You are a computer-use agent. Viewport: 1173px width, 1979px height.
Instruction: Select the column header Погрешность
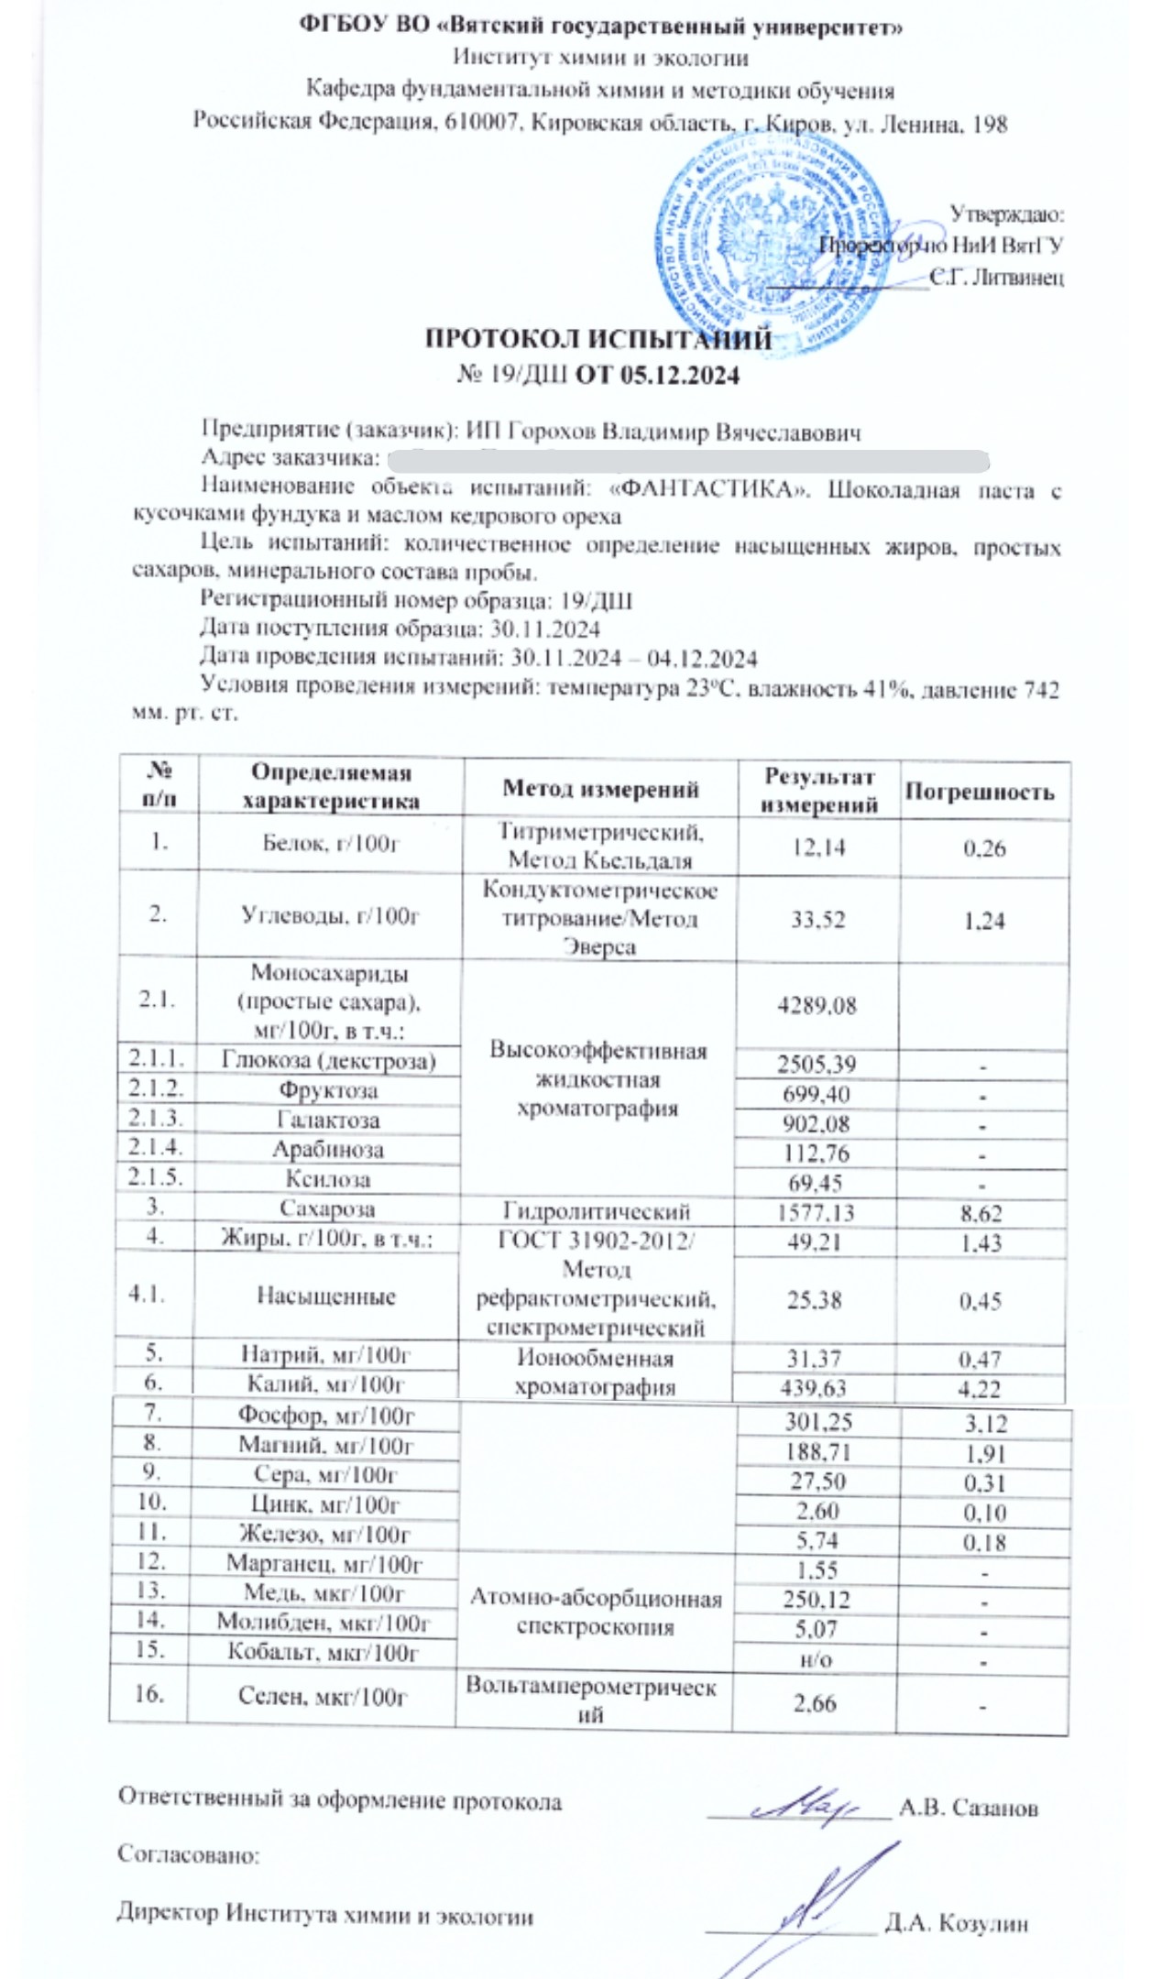979,792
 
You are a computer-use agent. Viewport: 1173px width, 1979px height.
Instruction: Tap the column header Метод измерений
600,789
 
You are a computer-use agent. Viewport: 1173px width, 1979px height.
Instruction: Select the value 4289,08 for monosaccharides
817,1005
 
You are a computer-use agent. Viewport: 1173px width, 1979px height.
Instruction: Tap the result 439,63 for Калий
815,1389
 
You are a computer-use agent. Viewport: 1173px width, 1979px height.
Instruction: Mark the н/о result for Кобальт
815,1659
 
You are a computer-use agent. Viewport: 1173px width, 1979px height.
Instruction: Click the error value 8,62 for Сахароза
980,1214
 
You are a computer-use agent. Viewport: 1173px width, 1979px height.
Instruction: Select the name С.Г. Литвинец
996,277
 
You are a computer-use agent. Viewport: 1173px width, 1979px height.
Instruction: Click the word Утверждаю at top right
1005,214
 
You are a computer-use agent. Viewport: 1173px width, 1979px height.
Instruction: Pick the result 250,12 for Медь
815,1600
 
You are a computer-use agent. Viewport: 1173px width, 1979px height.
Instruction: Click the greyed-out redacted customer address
687,458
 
